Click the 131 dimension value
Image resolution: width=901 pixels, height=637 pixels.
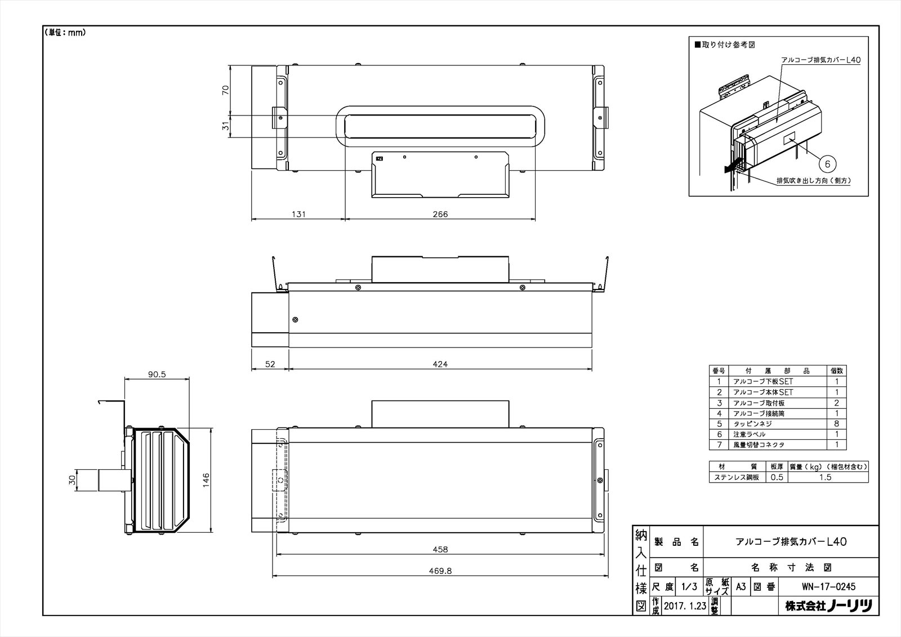pyautogui.click(x=298, y=215)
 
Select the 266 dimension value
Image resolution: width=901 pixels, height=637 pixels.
pyautogui.click(x=440, y=215)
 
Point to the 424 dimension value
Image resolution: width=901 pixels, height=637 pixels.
pyautogui.click(x=440, y=364)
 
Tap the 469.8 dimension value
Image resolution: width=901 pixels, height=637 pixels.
pyautogui.click(x=440, y=571)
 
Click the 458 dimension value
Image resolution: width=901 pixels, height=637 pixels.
pyautogui.click(x=440, y=549)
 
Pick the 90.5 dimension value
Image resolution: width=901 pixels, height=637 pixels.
pyautogui.click(x=157, y=374)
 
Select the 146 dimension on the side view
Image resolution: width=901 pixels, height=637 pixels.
pyautogui.click(x=206, y=480)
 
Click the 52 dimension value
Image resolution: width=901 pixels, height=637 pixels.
pyautogui.click(x=270, y=364)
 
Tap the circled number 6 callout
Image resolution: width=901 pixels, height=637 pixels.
pyautogui.click(x=827, y=164)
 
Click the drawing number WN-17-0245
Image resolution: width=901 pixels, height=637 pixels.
pyautogui.click(x=828, y=587)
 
